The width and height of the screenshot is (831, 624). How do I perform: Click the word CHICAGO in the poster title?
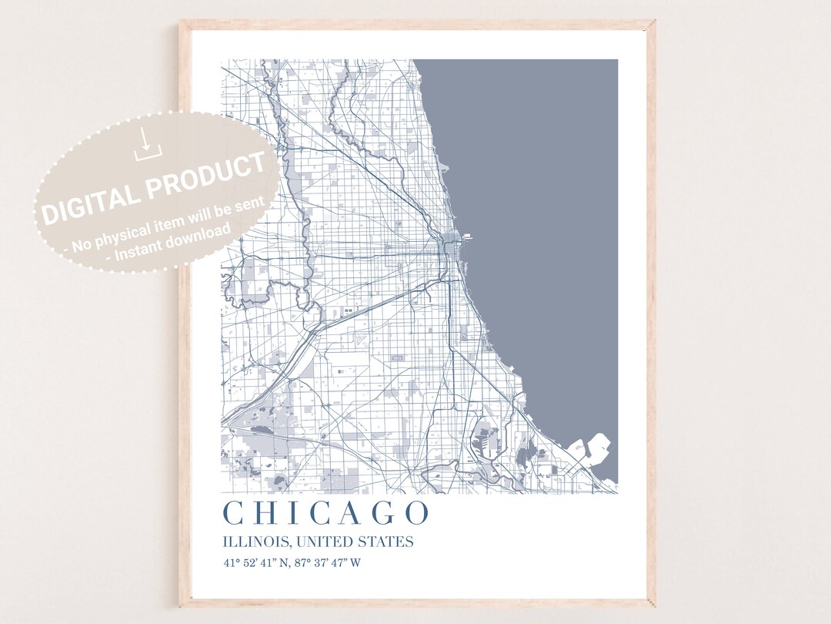pos(325,513)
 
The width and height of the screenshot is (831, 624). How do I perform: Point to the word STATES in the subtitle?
pos(385,542)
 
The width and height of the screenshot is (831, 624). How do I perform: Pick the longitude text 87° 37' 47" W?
pos(325,562)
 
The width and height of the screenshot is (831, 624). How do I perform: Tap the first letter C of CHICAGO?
pos(232,513)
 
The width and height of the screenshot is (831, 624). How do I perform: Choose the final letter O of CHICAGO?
pos(416,513)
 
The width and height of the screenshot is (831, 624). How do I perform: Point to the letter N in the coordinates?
pos(283,562)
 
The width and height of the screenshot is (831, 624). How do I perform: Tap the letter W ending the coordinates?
pos(355,562)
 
